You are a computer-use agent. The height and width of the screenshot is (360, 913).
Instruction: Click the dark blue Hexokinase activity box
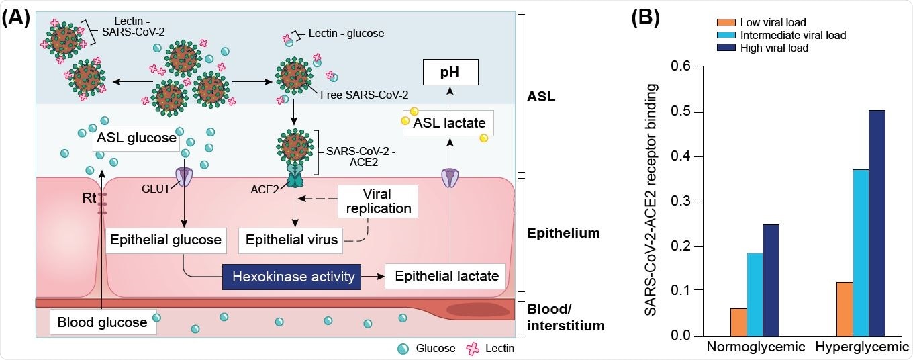click(293, 276)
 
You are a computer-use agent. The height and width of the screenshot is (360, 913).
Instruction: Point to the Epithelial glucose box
click(165, 240)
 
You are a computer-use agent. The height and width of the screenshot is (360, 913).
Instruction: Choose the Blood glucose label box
click(103, 322)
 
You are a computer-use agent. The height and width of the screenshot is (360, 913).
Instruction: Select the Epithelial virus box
click(291, 240)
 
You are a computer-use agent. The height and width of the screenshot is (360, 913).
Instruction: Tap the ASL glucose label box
click(136, 139)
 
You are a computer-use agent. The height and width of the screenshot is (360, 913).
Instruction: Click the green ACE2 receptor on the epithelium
click(296, 180)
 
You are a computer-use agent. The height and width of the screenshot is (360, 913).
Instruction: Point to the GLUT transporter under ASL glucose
click(183, 177)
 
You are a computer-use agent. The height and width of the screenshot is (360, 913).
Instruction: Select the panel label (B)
click(646, 18)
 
